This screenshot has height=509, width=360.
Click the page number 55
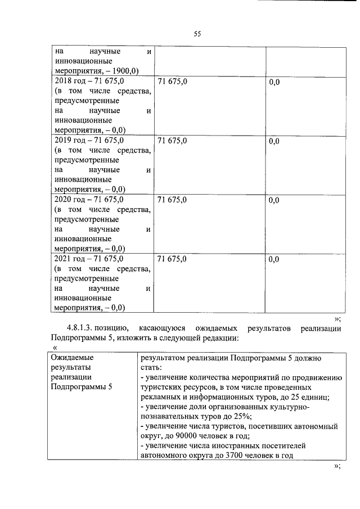pos(197,34)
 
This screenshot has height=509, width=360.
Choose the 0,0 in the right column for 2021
pos(274,259)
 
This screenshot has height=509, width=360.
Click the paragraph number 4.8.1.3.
pos(84,327)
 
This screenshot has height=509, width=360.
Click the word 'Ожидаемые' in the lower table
pos(72,357)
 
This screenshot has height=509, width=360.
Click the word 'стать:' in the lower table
pos(151,367)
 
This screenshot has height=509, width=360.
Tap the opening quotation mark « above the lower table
pos(55,348)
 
